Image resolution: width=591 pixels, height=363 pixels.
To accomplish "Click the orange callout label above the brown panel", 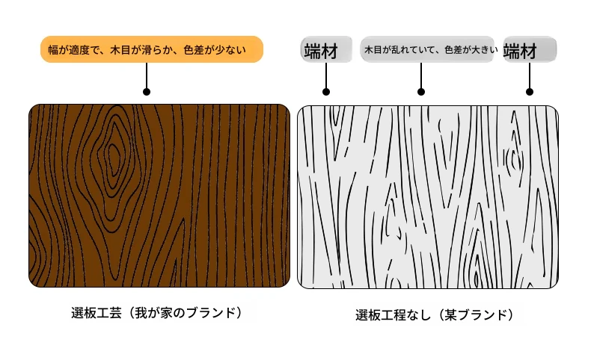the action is tap(152, 49).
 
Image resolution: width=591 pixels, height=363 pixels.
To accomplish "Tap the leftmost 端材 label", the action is tap(326, 49).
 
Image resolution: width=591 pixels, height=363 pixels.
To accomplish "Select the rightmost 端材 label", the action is tap(530, 49).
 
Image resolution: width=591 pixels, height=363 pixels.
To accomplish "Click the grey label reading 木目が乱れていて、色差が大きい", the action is tap(427, 49).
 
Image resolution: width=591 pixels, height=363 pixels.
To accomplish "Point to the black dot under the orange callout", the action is tap(147, 92).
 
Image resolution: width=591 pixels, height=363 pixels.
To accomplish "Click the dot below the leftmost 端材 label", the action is tap(326, 92).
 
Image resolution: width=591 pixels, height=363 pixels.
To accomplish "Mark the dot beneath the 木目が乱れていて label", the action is tap(421, 92).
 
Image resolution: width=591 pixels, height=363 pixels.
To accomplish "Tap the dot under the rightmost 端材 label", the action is tap(529, 92).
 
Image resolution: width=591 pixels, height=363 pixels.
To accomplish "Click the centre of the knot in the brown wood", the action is tap(114, 155).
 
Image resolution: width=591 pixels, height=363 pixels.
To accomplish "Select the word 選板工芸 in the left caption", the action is tap(96, 313).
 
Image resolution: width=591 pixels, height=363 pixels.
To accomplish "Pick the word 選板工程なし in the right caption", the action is tap(393, 315).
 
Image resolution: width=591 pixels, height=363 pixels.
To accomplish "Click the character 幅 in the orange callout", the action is tap(53, 49).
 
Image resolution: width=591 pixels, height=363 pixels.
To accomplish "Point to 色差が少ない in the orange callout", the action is tap(215, 49).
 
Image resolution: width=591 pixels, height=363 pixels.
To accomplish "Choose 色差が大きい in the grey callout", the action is tap(471, 49).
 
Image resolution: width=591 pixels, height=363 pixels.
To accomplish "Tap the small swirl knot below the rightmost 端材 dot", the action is tap(513, 159).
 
